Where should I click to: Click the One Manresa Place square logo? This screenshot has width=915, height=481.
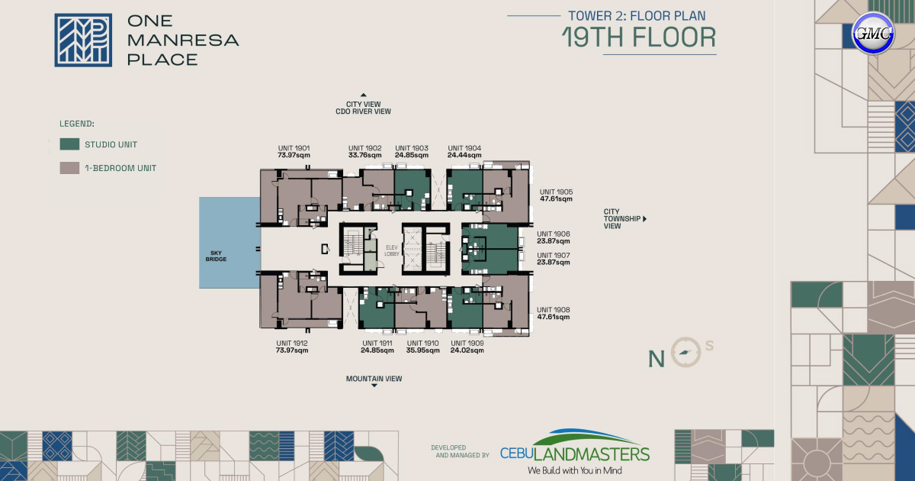pos(83,40)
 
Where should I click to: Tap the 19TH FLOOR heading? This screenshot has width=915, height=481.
pos(639,37)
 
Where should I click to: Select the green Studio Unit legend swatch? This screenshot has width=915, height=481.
pos(70,144)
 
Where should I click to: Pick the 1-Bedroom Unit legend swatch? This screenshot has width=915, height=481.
pos(70,168)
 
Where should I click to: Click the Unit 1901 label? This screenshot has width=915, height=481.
pos(293,148)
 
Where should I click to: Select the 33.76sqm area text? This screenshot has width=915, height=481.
pos(364,156)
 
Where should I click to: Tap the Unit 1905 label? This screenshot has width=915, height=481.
pos(556,192)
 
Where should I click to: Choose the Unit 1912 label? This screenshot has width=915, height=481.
pos(292,344)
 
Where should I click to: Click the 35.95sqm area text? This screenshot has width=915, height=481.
pos(422,351)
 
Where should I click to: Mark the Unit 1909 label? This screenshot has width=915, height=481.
pos(467,344)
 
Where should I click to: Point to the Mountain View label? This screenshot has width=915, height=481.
pos(374,379)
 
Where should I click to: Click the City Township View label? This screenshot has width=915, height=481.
pos(621,219)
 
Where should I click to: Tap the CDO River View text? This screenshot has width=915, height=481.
pos(363,111)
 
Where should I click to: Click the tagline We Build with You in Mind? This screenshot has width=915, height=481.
pos(574,470)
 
